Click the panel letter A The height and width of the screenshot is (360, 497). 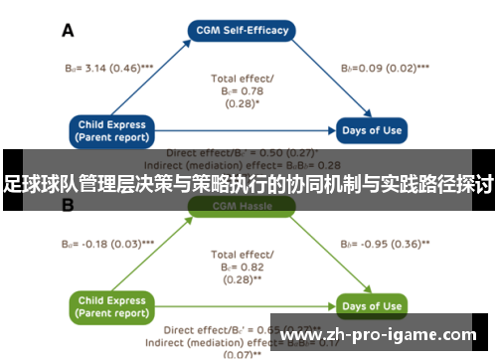(69, 31)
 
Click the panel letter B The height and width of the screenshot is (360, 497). (69, 206)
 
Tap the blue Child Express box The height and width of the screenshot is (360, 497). (112, 131)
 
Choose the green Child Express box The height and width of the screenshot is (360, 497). (112, 305)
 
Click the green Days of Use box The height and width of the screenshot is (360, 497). (371, 306)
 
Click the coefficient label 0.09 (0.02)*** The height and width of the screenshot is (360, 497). (385, 69)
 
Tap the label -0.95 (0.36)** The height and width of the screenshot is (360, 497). (385, 243)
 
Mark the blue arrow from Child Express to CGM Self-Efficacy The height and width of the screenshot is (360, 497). (149, 80)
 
